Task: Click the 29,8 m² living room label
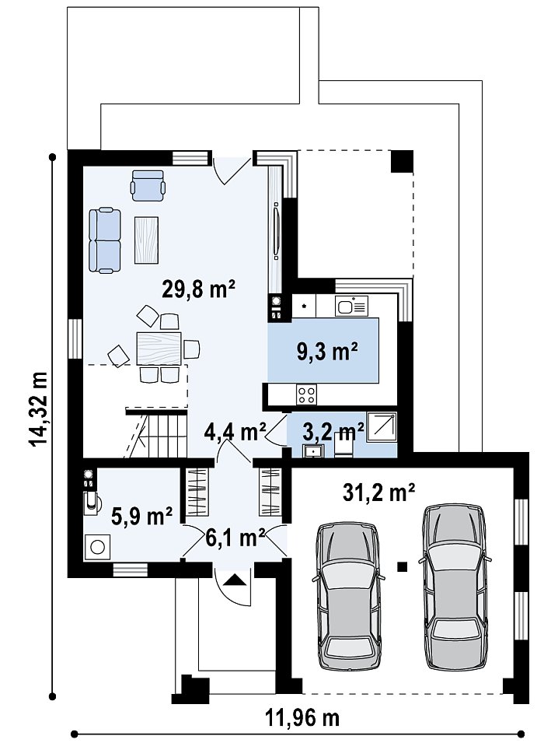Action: (198, 289)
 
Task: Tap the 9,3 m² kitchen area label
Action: (327, 352)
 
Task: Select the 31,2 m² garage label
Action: (378, 492)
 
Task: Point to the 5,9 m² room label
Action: (142, 516)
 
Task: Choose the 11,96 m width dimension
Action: (302, 717)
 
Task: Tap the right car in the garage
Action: (455, 586)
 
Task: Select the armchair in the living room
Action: (148, 185)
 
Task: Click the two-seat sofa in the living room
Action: (105, 240)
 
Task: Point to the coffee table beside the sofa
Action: (146, 240)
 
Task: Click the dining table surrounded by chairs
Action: (159, 349)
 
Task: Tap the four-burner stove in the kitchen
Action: (306, 394)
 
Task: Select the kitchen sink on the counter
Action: (351, 306)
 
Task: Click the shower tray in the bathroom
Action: (382, 426)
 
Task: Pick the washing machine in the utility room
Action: (97, 547)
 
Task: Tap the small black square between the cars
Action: (403, 567)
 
